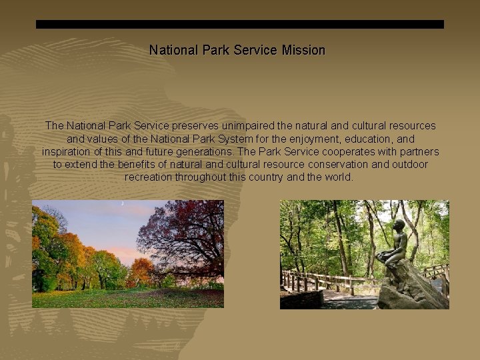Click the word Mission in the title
pos(303,50)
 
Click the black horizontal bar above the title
pos(239,24)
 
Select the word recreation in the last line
pos(149,177)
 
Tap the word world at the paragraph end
pos(337,177)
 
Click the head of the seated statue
pos(399,227)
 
